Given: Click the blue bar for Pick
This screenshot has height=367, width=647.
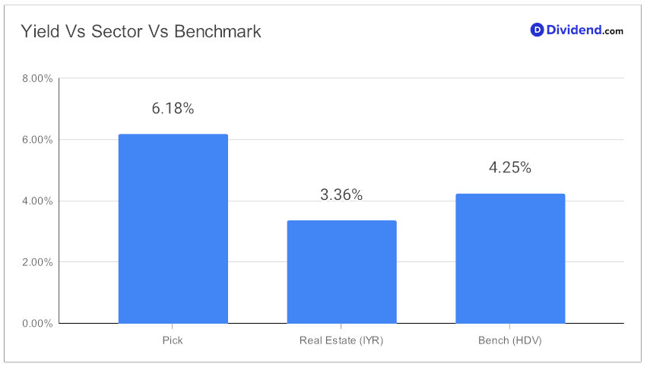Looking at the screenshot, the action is [173, 229].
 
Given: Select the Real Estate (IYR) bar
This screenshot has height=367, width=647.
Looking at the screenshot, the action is [341, 272].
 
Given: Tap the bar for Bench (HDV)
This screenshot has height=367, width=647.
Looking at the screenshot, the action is [510, 258].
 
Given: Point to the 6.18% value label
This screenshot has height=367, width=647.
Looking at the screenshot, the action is [173, 109].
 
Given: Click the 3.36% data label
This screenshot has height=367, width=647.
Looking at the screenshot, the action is [341, 195].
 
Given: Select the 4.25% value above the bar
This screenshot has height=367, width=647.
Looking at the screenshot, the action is [510, 167].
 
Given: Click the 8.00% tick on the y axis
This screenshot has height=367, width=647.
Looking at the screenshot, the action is [37, 78].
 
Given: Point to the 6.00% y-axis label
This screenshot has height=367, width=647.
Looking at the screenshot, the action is [37, 140].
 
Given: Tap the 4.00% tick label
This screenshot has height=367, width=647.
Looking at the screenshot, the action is [37, 201].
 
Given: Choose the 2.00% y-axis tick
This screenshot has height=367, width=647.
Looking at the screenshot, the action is [37, 262].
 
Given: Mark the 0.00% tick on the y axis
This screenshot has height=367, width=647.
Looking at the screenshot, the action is [37, 323].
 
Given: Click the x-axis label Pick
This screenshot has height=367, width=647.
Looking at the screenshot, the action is [173, 340].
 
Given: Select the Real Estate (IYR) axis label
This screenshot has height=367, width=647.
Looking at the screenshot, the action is [341, 340].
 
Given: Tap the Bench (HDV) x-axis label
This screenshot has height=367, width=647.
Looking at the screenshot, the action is [510, 340].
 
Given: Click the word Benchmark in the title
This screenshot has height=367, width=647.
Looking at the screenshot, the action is [217, 31].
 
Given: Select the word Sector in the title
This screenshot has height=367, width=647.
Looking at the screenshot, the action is [117, 31].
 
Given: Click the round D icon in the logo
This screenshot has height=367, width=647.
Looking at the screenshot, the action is [537, 30].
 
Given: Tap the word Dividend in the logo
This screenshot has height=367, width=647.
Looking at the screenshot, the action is [573, 30].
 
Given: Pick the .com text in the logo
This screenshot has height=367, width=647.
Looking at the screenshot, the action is [612, 31].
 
